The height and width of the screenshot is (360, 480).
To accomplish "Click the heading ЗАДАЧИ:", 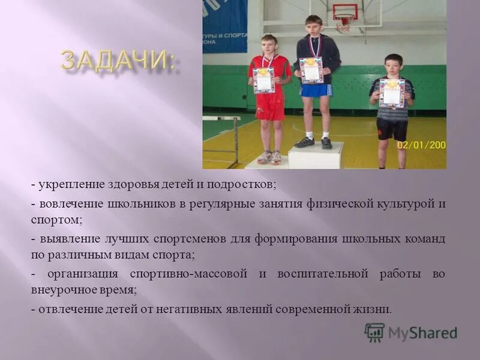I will click(x=119, y=62).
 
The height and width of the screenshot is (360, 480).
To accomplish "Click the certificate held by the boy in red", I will click(x=264, y=80).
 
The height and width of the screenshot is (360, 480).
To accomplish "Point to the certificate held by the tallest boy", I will click(x=311, y=70).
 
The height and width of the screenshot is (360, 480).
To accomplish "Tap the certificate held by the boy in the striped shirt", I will click(x=392, y=92).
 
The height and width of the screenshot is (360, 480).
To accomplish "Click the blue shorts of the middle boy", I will click(x=316, y=90).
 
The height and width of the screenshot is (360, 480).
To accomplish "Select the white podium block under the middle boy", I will click(x=316, y=155).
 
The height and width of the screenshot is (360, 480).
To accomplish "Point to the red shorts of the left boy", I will click(x=271, y=106).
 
